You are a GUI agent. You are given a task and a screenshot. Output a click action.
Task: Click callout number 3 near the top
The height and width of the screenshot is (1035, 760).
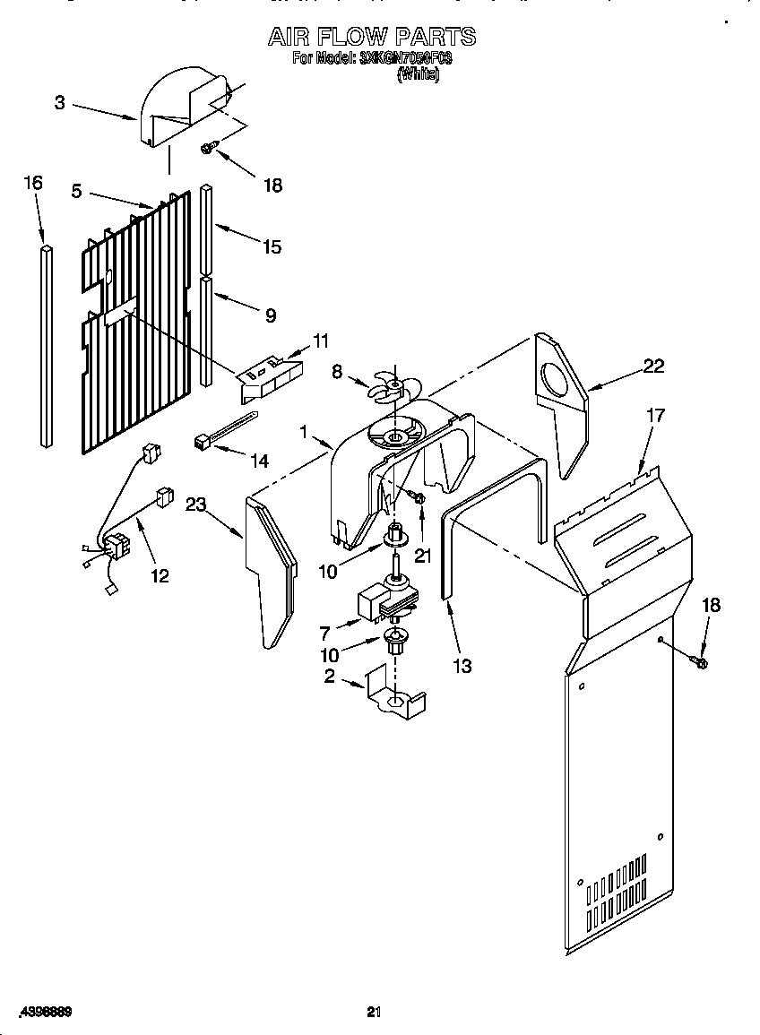(60, 103)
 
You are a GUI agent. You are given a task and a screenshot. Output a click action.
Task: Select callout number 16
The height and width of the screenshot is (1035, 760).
(32, 183)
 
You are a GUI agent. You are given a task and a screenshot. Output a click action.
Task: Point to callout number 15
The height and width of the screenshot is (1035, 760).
(272, 246)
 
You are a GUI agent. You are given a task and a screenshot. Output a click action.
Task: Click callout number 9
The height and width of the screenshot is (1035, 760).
(270, 315)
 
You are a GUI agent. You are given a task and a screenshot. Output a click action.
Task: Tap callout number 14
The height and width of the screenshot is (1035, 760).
(259, 461)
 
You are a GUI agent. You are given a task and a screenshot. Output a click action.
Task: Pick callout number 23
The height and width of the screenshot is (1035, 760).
(196, 505)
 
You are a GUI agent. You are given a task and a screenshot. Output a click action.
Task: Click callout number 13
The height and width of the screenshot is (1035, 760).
(462, 666)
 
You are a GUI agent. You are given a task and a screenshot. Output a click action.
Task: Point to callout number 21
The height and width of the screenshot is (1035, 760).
(423, 556)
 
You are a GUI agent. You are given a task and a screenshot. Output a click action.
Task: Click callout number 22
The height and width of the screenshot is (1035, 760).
(654, 365)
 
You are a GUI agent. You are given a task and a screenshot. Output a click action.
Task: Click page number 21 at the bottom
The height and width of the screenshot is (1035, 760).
(375, 1013)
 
